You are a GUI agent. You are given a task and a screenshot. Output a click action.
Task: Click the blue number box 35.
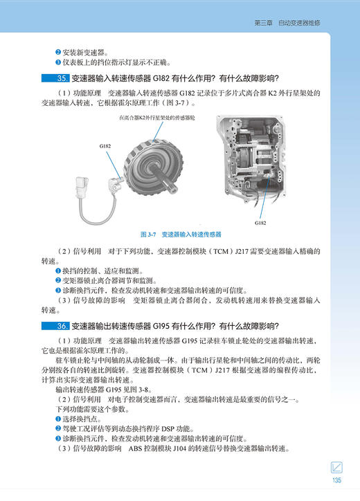point(53,78)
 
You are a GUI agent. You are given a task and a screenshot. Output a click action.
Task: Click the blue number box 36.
point(53,327)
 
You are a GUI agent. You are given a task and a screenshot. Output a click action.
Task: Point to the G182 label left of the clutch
point(106,146)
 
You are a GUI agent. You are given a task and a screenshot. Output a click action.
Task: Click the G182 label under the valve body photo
point(261,224)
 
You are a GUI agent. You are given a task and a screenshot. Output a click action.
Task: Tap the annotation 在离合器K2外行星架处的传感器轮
point(158,119)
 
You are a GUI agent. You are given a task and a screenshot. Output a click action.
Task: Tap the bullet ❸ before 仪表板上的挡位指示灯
point(58,62)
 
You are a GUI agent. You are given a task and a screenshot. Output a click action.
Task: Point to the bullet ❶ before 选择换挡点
point(58,419)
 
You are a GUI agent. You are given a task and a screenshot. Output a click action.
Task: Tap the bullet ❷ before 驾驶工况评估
point(58,429)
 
